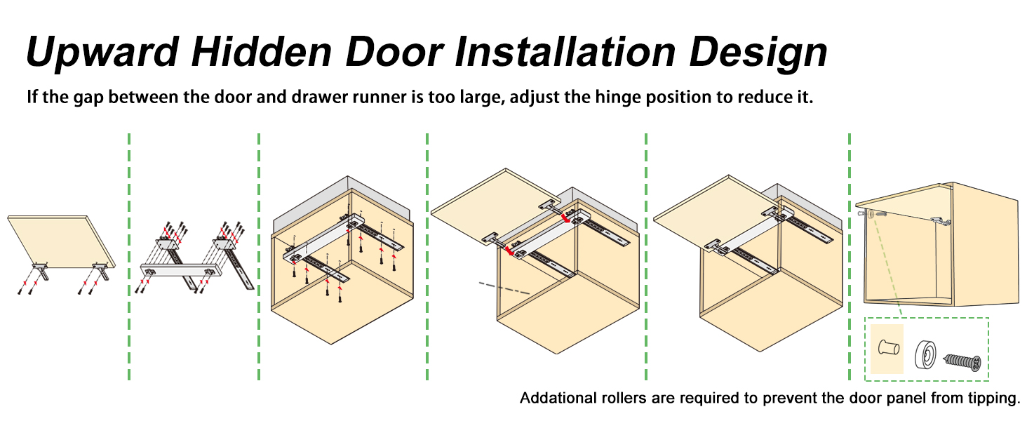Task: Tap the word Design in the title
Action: pyautogui.click(x=760, y=51)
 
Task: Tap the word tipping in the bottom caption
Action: pyautogui.click(x=991, y=399)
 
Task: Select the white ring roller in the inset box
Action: pyautogui.click(x=926, y=354)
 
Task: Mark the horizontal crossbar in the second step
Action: pyautogui.click(x=179, y=268)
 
